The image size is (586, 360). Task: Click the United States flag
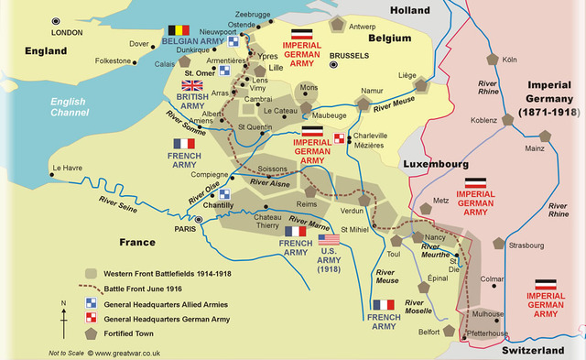click(329, 240)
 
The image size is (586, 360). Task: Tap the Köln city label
click(510, 60)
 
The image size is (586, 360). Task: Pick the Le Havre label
click(68, 168)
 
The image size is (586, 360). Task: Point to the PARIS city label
click(186, 229)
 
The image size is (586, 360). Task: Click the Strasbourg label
click(526, 245)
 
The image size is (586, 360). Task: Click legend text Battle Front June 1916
click(160, 289)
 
